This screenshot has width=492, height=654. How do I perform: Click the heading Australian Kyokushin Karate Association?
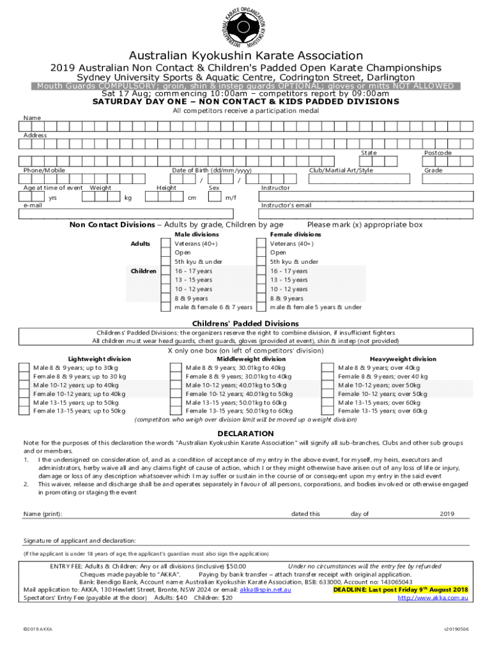[x=246, y=56]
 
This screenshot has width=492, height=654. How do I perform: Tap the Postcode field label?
[x=438, y=153]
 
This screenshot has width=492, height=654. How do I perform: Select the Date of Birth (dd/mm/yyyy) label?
[x=211, y=171]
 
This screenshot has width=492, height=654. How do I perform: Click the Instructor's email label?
[x=286, y=205]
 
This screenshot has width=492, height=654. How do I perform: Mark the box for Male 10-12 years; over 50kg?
[x=327, y=385]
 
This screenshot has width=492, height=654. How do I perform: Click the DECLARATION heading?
[x=246, y=433]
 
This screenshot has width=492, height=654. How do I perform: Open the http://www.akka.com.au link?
[x=433, y=598]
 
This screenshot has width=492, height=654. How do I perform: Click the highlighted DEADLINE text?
[x=401, y=590]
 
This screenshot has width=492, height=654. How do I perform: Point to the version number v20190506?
[x=456, y=629]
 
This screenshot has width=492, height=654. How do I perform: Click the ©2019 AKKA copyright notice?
[x=37, y=629]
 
